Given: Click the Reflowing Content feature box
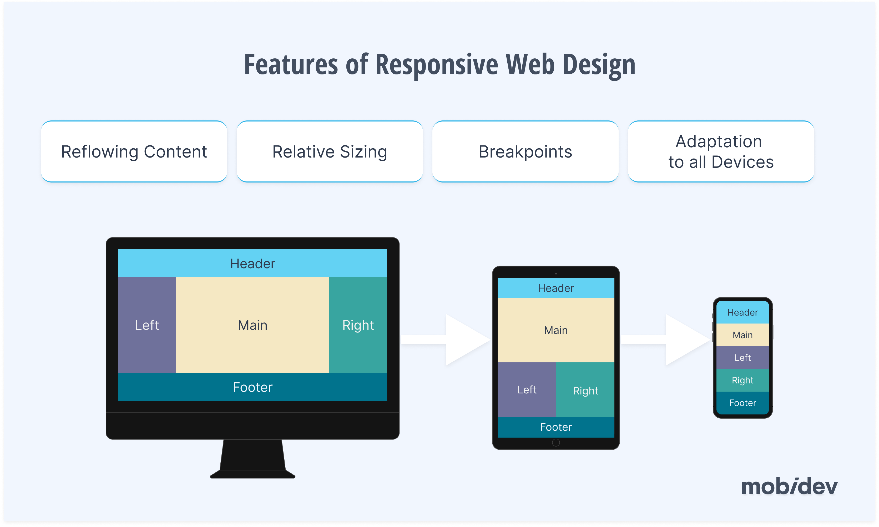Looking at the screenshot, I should click(x=134, y=152).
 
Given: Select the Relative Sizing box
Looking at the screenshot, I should click(x=330, y=152).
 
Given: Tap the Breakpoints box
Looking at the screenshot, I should click(x=525, y=152).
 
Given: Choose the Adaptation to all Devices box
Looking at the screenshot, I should click(x=721, y=152).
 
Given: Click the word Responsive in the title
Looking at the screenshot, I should click(x=437, y=65).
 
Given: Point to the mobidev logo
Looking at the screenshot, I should click(x=789, y=487).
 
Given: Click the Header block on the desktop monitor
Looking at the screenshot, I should click(x=252, y=263).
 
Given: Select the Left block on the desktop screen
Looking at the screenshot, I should click(x=147, y=325).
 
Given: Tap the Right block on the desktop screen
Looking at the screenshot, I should click(x=358, y=325).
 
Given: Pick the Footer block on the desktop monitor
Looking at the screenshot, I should click(x=252, y=387).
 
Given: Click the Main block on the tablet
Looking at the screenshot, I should click(x=556, y=330).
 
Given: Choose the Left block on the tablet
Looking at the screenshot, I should click(x=527, y=389).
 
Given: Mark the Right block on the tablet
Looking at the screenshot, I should click(x=585, y=390).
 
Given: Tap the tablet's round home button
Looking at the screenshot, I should click(x=556, y=443).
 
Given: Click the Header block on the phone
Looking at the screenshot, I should click(x=742, y=312).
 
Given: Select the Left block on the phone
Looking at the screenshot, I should click(x=742, y=358).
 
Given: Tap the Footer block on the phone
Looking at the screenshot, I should click(x=742, y=403).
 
